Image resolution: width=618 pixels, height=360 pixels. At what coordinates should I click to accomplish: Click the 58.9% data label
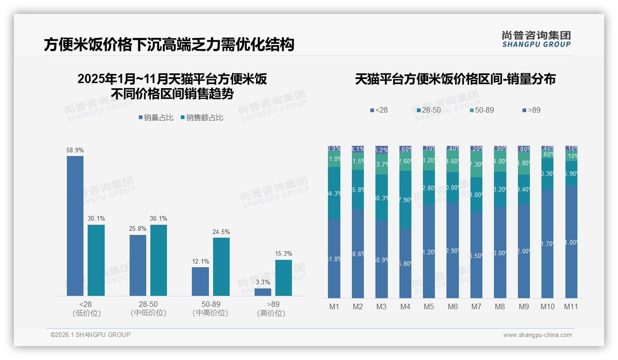coord(75,150)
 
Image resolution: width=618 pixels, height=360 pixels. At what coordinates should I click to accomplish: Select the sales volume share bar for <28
coord(75,226)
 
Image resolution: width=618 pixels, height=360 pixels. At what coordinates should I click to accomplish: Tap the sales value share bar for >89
coord(284,278)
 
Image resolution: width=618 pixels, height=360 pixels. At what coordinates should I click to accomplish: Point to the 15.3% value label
coord(284,254)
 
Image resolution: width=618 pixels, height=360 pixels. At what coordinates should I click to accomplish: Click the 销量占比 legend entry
coord(156,118)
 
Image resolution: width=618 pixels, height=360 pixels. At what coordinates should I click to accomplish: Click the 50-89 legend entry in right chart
coord(482,110)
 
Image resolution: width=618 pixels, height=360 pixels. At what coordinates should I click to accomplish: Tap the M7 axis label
coord(476,307)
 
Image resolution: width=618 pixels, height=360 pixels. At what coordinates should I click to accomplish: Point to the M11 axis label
coord(571,307)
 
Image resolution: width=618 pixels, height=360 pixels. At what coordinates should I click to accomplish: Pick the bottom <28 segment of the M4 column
coord(405,263)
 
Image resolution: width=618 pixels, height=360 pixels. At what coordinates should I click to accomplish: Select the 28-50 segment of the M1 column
coord(334,193)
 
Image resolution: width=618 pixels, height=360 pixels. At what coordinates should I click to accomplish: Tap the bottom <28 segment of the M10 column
coord(547,243)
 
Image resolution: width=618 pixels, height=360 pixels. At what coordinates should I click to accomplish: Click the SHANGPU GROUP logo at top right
coord(536,39)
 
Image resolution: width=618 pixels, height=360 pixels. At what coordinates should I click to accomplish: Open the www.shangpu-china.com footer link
coord(537,335)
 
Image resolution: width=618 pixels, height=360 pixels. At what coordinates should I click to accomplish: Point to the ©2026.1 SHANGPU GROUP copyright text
coord(90,335)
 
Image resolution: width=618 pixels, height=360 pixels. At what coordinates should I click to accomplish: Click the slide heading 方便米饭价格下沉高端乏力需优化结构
coord(169,45)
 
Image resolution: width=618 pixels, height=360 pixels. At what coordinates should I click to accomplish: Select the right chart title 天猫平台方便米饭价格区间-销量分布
coord(455,79)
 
